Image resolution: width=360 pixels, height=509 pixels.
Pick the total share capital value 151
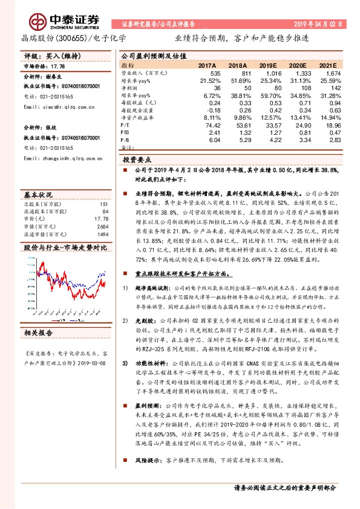tap(103, 204)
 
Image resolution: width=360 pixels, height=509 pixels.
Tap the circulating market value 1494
tap(101, 233)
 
